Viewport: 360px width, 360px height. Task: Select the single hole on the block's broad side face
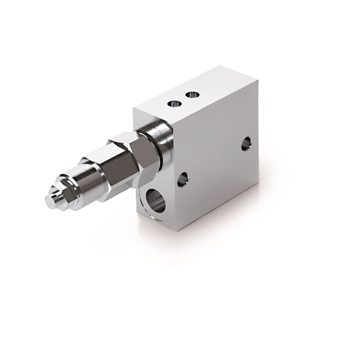(x=246, y=144)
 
